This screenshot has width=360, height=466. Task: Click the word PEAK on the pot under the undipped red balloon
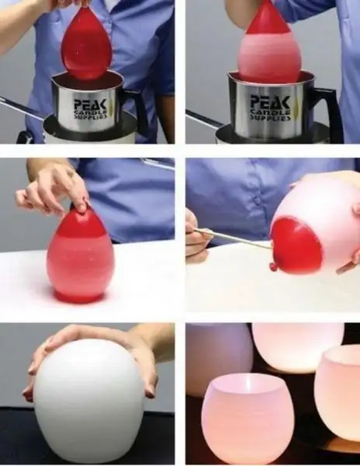tap(91, 105)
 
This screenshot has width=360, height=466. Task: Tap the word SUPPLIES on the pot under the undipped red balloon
tap(91, 116)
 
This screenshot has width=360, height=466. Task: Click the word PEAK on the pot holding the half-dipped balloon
tap(270, 103)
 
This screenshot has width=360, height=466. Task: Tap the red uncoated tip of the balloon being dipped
tap(268, 18)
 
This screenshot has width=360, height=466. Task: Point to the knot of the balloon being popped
tap(273, 266)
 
